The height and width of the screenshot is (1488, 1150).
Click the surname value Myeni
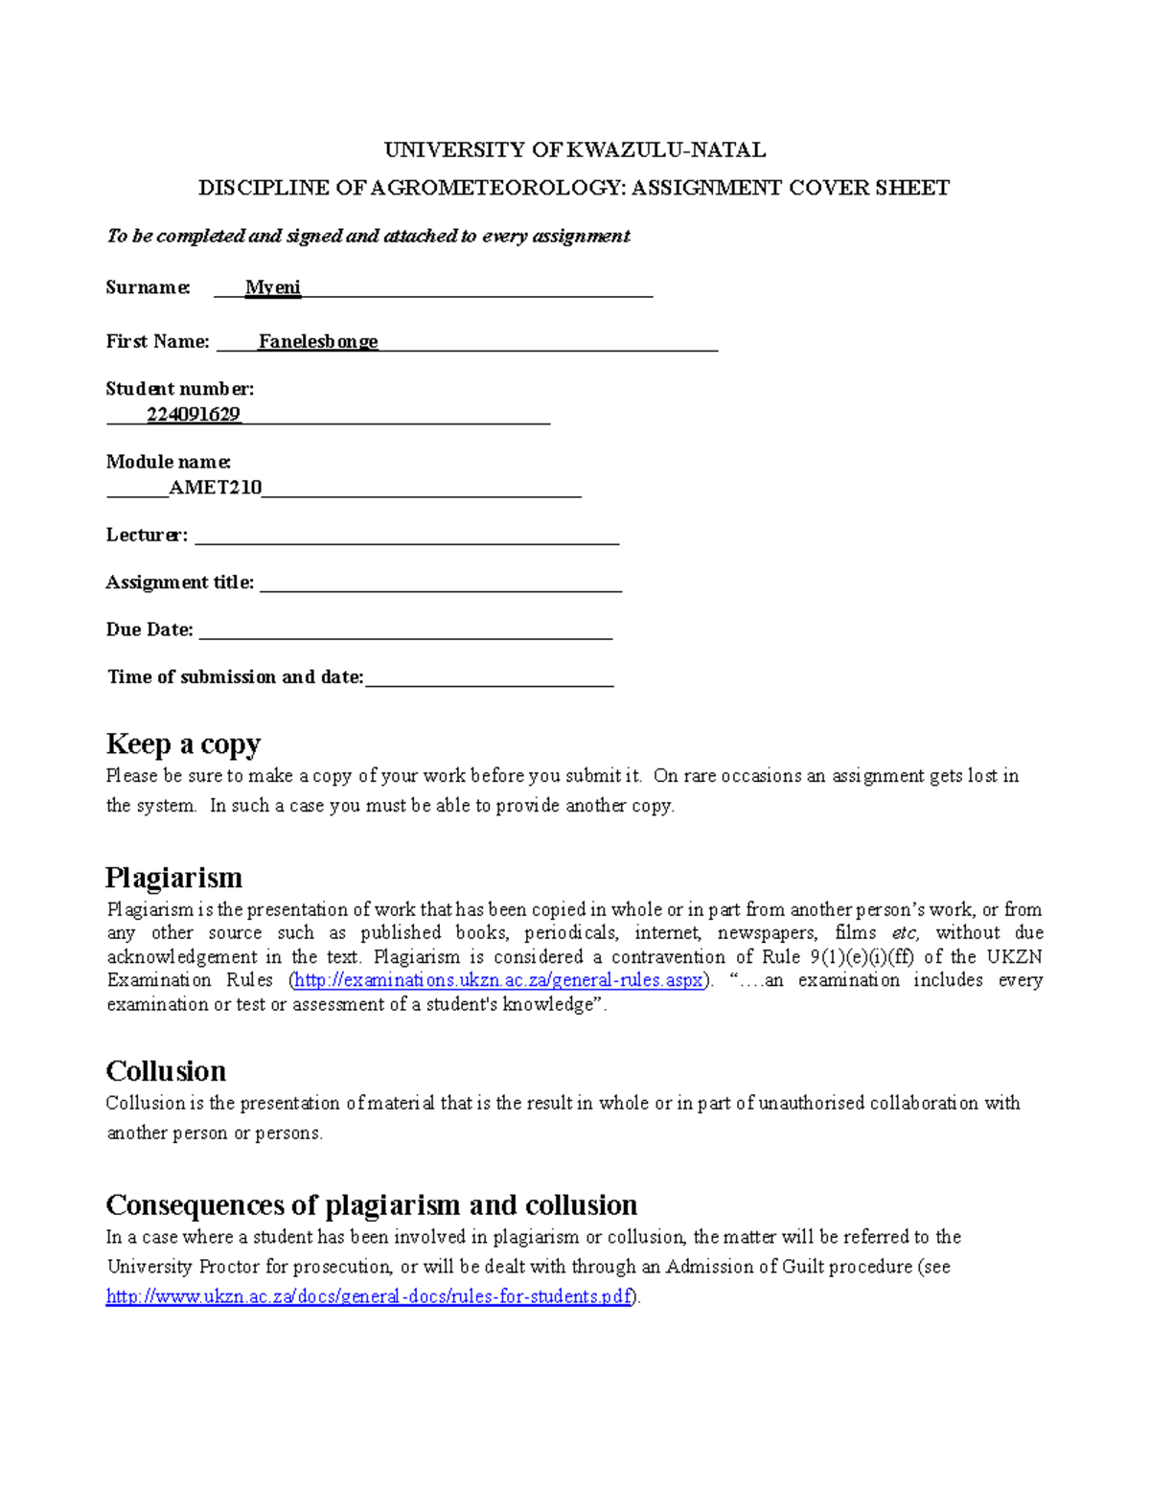pos(273,287)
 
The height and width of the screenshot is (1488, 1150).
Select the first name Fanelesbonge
pos(318,341)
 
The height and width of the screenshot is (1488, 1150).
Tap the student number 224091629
pos(194,414)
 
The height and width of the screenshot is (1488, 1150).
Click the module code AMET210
pos(215,487)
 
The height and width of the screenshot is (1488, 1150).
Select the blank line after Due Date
pos(404,634)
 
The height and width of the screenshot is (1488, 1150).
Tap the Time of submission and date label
pos(235,677)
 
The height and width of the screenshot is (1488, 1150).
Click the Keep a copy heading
pos(183,744)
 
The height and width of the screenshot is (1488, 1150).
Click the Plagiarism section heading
pos(173,878)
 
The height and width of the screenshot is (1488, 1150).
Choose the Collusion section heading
pos(166,1070)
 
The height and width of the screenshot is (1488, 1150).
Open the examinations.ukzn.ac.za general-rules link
pos(498,980)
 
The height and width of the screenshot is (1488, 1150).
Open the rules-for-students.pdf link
pos(369,1296)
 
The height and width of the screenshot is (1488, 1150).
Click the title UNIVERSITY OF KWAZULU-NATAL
pos(574,149)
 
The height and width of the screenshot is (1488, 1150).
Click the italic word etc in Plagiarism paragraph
pos(904,932)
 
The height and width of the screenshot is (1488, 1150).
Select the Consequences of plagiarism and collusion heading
pos(371,1204)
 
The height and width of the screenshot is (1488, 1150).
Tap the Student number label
pos(179,388)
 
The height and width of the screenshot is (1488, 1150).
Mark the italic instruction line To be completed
pos(368,236)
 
